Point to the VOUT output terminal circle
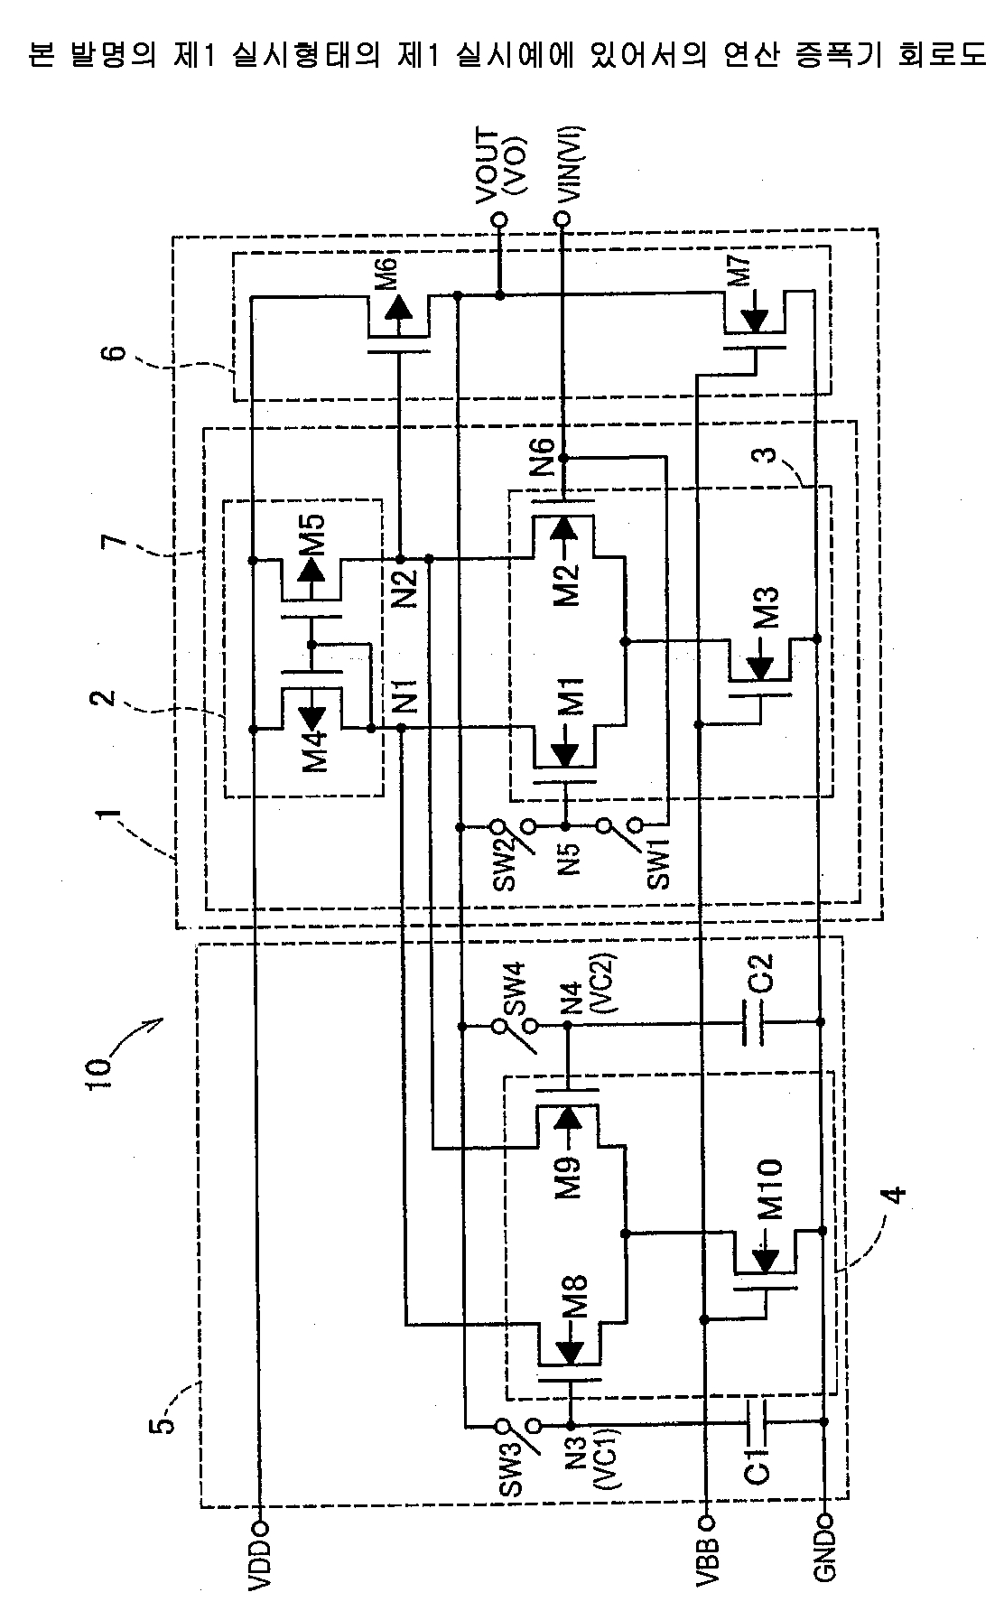coord(497,219)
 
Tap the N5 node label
coord(566,862)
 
